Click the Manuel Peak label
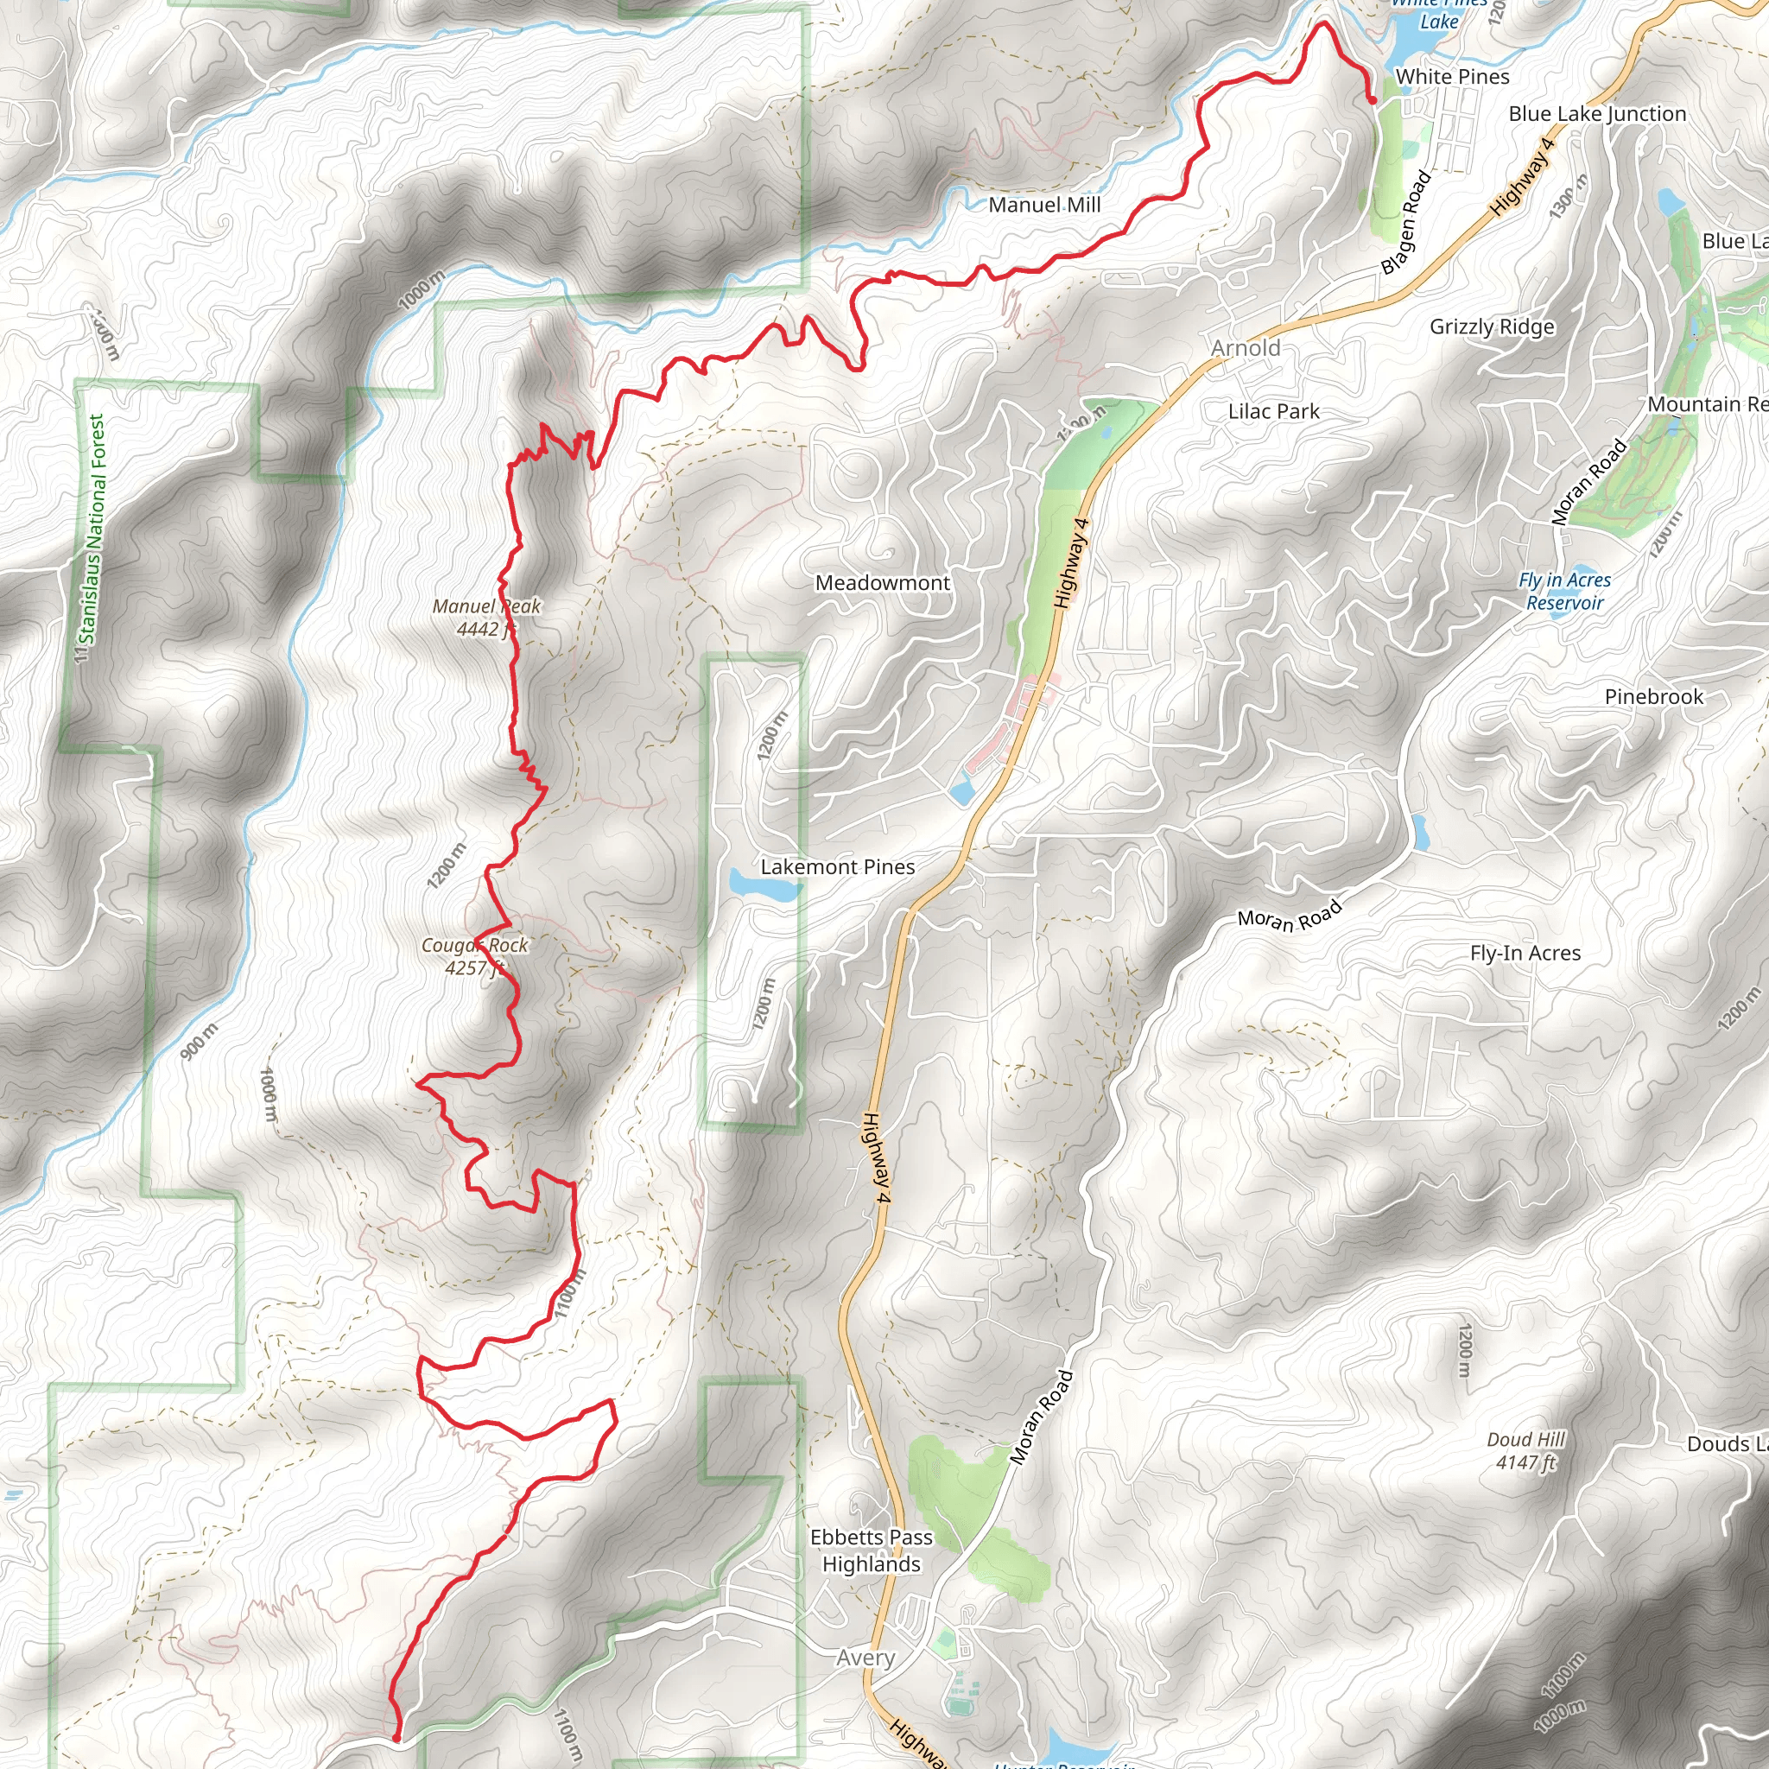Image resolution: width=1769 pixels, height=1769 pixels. [486, 617]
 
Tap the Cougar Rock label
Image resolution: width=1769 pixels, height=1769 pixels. [474, 956]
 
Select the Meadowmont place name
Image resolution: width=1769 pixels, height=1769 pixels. [882, 582]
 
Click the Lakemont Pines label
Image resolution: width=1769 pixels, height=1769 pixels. [837, 866]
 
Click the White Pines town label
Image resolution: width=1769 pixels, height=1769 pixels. [1451, 77]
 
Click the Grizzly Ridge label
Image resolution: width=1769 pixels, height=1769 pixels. [1492, 327]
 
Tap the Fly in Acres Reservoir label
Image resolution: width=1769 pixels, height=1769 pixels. [1564, 591]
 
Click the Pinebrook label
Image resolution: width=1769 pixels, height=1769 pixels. [1653, 697]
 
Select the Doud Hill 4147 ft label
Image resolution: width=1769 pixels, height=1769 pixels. [1525, 1450]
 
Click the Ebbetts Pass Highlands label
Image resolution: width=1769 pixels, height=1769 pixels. [871, 1550]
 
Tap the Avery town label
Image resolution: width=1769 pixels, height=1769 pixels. [865, 1658]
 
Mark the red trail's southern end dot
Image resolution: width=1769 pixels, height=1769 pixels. [396, 1737]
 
